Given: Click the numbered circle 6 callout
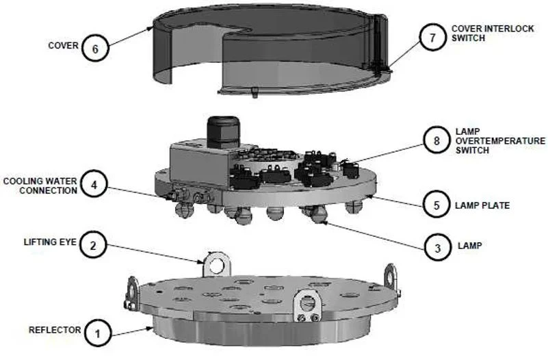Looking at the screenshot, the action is point(95,48).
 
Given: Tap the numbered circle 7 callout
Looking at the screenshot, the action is point(432,37).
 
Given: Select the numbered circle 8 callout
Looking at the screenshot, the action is point(436,140).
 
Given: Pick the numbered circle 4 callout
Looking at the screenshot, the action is point(94,184).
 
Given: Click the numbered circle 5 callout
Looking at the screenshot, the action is point(436,205).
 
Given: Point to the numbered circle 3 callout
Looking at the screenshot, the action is point(438,248).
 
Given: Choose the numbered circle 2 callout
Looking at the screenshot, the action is point(93,245).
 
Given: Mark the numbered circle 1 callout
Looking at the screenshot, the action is point(98,333).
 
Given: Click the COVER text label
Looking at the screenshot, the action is point(63,46).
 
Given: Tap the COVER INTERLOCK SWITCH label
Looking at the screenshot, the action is point(493,34).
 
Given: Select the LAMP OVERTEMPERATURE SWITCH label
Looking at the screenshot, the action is point(500,141).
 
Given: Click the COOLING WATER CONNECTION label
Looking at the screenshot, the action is point(40,185).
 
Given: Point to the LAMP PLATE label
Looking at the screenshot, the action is point(482,205).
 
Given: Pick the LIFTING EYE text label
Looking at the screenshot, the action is point(50,242).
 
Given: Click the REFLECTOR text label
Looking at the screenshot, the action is point(55,330).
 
